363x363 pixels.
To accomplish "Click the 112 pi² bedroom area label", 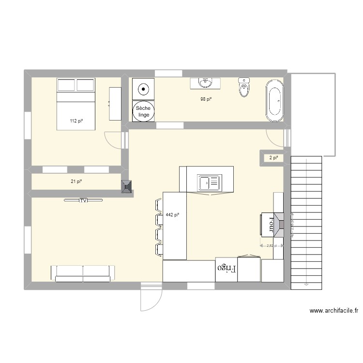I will click(76, 121).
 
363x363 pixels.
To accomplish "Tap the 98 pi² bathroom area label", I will click(206, 99).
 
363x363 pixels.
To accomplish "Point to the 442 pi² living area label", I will click(173, 215).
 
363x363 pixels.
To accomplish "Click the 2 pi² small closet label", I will click(274, 158).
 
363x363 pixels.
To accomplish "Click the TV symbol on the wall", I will click(83, 200).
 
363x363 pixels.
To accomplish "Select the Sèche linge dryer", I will click(144, 111).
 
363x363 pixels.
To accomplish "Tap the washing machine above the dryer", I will click(144, 89).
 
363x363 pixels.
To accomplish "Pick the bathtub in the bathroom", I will click(274, 101).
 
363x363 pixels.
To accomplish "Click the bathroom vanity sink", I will click(206, 83).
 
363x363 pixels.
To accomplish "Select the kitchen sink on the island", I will click(209, 182).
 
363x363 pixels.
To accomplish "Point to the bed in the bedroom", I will click(76, 104).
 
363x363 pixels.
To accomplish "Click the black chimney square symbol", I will click(127, 187).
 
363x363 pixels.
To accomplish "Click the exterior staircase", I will click(306, 223).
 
